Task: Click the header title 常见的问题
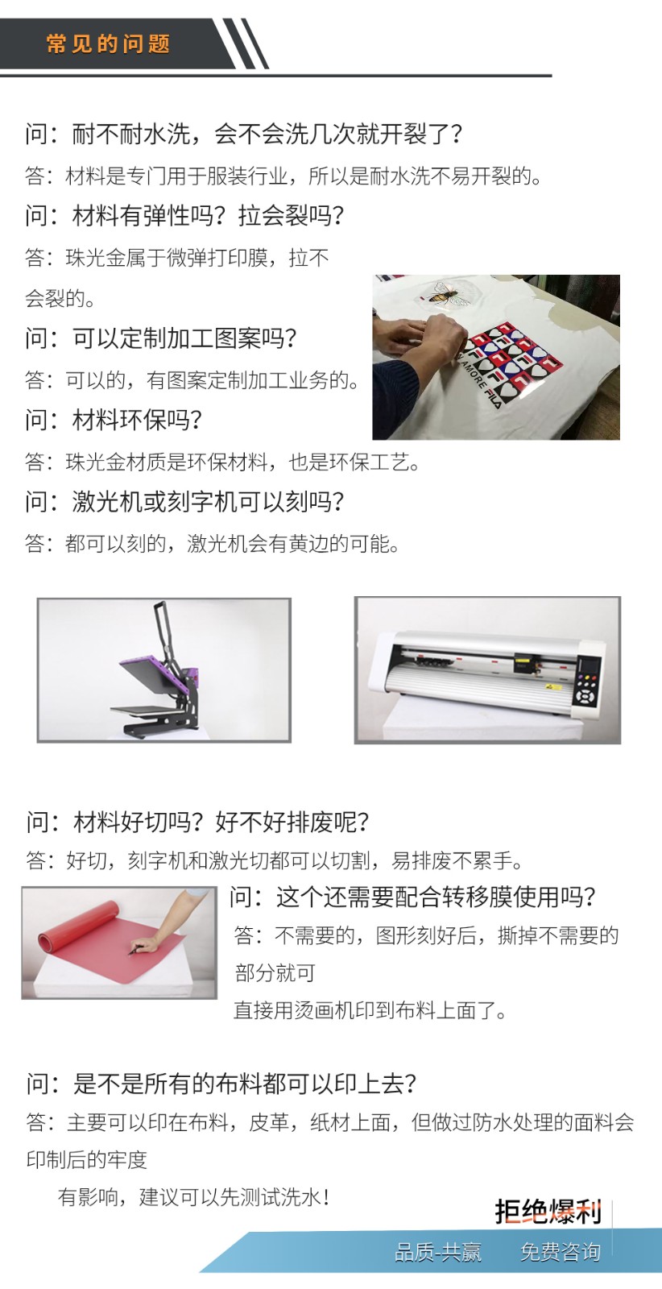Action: tap(108, 44)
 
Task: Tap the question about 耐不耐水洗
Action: tap(244, 134)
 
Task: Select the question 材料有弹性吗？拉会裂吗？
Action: tap(184, 216)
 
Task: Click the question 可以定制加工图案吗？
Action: tap(161, 338)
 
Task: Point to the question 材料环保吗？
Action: tap(114, 420)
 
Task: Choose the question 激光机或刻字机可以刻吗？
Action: tap(184, 502)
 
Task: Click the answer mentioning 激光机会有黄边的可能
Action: tap(213, 543)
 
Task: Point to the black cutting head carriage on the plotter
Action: tap(524, 664)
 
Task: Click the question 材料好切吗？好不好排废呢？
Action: tap(197, 822)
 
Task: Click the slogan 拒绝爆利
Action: tap(548, 1212)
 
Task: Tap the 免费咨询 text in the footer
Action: tap(561, 1252)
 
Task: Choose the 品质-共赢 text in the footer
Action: tap(437, 1252)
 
